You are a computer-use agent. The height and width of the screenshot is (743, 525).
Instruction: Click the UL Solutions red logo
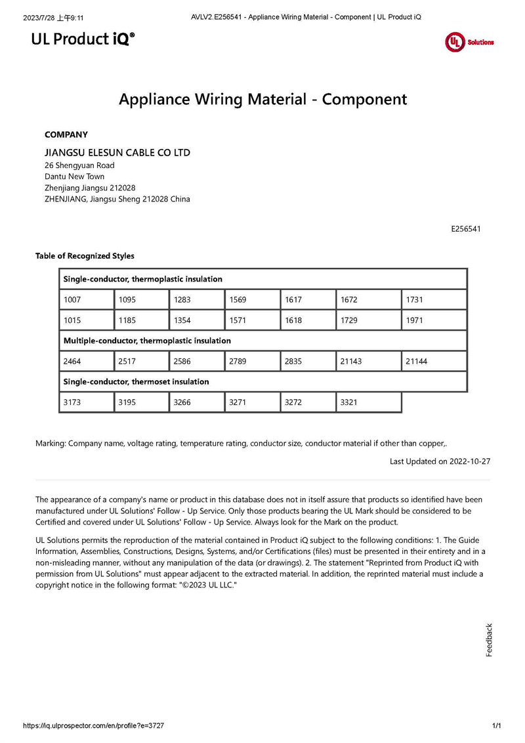coord(469,42)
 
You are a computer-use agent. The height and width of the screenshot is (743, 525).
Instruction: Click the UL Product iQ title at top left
coord(83,39)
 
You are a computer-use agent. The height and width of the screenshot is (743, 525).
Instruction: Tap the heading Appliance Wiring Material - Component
coord(262,99)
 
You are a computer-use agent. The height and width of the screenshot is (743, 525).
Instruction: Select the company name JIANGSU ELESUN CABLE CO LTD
coord(117,152)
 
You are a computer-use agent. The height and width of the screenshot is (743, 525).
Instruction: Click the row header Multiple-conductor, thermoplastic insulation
coord(147,341)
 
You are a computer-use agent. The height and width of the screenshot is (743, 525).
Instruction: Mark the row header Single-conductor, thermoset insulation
coord(136,381)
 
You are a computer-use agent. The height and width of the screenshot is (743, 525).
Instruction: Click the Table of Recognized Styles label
coord(85,256)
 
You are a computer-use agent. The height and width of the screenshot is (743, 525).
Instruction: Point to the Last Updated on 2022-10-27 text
coord(440,461)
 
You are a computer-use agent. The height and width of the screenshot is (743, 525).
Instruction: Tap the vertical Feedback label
coord(489,640)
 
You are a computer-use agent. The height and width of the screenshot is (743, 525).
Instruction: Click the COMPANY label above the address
coord(66,135)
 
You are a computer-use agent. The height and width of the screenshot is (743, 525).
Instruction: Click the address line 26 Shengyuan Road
coord(79,165)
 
